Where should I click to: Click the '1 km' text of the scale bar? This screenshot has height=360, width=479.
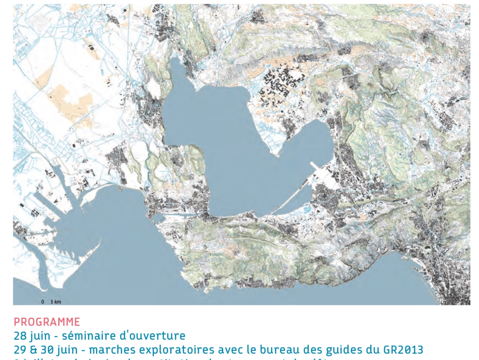click(x=56, y=302)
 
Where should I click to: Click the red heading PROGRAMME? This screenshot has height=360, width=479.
click(x=47, y=322)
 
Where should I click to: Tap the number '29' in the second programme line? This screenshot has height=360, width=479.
click(x=20, y=349)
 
